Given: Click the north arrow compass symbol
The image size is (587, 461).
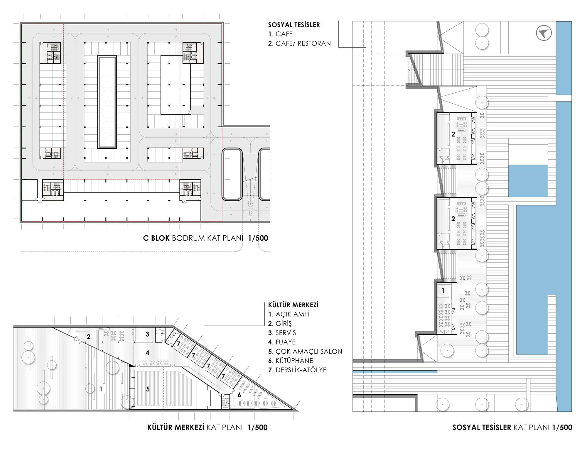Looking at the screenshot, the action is tap(544, 33).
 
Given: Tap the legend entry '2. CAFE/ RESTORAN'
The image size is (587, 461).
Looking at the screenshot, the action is tap(299, 43).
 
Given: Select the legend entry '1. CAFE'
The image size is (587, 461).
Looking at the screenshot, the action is tap(280, 34).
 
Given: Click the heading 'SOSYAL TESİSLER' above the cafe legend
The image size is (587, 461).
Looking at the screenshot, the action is tap(294, 25).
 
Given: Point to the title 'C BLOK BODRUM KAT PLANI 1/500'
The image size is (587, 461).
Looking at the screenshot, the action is tap(205, 238).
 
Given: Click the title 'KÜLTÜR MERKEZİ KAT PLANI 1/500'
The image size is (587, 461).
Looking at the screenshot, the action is tap(207, 427).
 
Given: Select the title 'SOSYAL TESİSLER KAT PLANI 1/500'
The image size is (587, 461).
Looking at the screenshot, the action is tap(512, 427).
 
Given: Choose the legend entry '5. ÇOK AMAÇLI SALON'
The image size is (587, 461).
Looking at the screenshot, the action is tap(305, 351).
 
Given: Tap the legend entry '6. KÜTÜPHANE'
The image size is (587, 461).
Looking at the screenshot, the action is tap(291, 361).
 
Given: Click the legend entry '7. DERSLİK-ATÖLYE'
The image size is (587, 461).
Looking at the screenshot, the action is tap(297, 370).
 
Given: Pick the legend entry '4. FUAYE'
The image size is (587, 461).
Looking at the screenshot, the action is tap(282, 342).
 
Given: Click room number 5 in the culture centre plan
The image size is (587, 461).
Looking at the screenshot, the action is tap(148, 389).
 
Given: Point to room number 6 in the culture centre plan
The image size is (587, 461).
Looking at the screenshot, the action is tap(239, 395).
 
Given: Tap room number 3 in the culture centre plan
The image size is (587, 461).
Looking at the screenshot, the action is tap(147, 334).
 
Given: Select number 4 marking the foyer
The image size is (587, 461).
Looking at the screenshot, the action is tap(147, 353).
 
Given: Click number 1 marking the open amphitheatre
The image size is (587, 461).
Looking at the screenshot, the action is tap(101, 389).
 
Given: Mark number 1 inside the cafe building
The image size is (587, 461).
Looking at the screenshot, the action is tap(443, 291).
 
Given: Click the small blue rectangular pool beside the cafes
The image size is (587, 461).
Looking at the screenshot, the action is tap(528, 181).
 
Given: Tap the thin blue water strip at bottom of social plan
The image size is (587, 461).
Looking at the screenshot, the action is tap(395, 372).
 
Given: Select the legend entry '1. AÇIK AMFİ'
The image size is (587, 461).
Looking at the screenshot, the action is tap(289, 314).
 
